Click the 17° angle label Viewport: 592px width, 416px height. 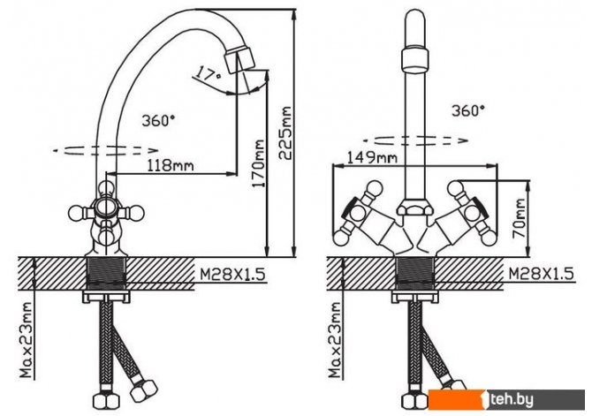coord(208,74)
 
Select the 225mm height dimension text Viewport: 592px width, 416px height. coord(285,133)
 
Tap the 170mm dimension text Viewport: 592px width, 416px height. coord(259,163)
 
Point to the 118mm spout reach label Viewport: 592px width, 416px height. coord(171,165)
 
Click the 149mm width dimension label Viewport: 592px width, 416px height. coord(372,156)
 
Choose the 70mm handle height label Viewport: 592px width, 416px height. coord(519,218)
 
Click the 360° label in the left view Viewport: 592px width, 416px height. coord(158,120)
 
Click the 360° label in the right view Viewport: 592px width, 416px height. coord(468,110)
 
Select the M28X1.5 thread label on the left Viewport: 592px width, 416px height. coord(232,275)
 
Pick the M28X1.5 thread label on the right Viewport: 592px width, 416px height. coord(541,273)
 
